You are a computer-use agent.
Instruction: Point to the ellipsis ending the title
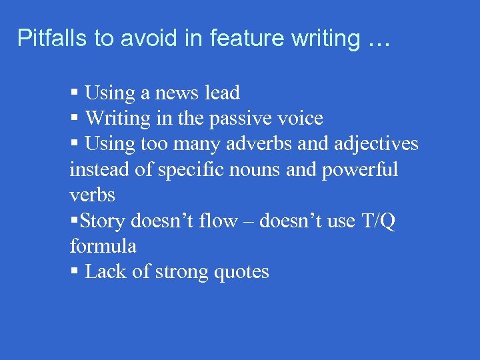(379, 40)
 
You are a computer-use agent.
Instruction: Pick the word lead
(222, 93)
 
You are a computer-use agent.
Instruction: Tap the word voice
(301, 119)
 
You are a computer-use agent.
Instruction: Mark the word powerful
(360, 169)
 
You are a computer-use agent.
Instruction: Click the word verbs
(93, 195)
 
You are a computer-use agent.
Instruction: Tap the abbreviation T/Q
(377, 221)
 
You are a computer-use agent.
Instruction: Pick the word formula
(103, 246)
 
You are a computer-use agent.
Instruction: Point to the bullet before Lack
(74, 272)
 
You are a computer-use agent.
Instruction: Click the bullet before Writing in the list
(74, 119)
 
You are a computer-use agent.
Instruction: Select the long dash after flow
(247, 221)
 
